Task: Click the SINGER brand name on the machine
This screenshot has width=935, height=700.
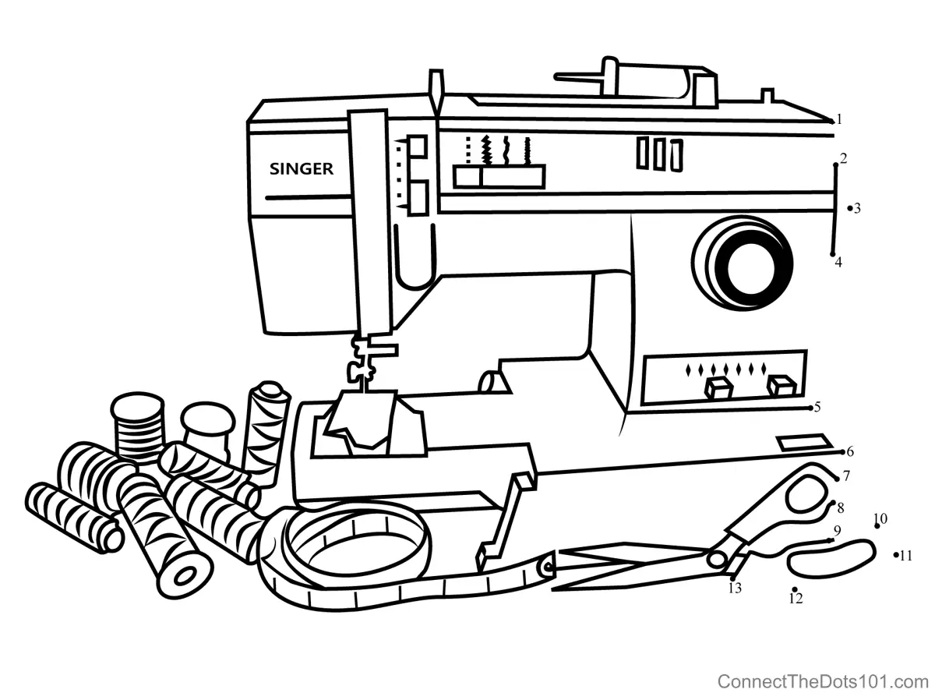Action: pos(302,168)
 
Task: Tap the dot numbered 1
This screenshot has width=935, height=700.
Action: pos(831,121)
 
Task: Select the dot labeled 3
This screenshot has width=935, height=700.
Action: pos(849,208)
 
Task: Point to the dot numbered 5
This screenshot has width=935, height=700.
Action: pos(810,407)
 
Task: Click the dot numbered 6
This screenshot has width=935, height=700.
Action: pos(843,451)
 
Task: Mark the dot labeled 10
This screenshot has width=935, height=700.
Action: pos(877,526)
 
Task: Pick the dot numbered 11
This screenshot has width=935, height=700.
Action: pos(895,555)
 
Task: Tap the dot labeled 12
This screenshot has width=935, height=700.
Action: pos(794,589)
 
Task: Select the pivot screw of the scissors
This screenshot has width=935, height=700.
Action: pos(715,559)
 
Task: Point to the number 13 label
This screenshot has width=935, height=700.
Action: pos(735,589)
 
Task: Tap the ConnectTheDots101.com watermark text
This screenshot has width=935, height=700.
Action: pos(822,681)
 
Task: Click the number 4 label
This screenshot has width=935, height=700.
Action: pos(838,263)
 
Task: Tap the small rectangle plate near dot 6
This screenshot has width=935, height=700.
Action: pos(803,443)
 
